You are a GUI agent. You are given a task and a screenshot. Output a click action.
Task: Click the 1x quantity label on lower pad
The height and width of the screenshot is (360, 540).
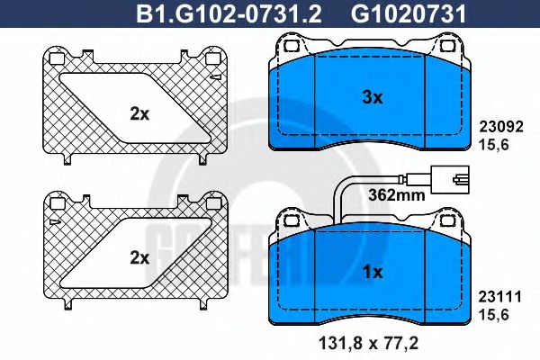[373, 271]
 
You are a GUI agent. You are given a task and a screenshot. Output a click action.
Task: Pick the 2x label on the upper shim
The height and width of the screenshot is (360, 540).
[139, 113]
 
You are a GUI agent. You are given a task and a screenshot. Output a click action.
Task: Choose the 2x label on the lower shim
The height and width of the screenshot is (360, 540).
[139, 257]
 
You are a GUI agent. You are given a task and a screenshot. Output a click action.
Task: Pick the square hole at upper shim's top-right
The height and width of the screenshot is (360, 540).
[213, 58]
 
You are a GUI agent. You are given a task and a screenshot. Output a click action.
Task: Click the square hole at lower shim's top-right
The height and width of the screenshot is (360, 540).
[213, 204]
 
